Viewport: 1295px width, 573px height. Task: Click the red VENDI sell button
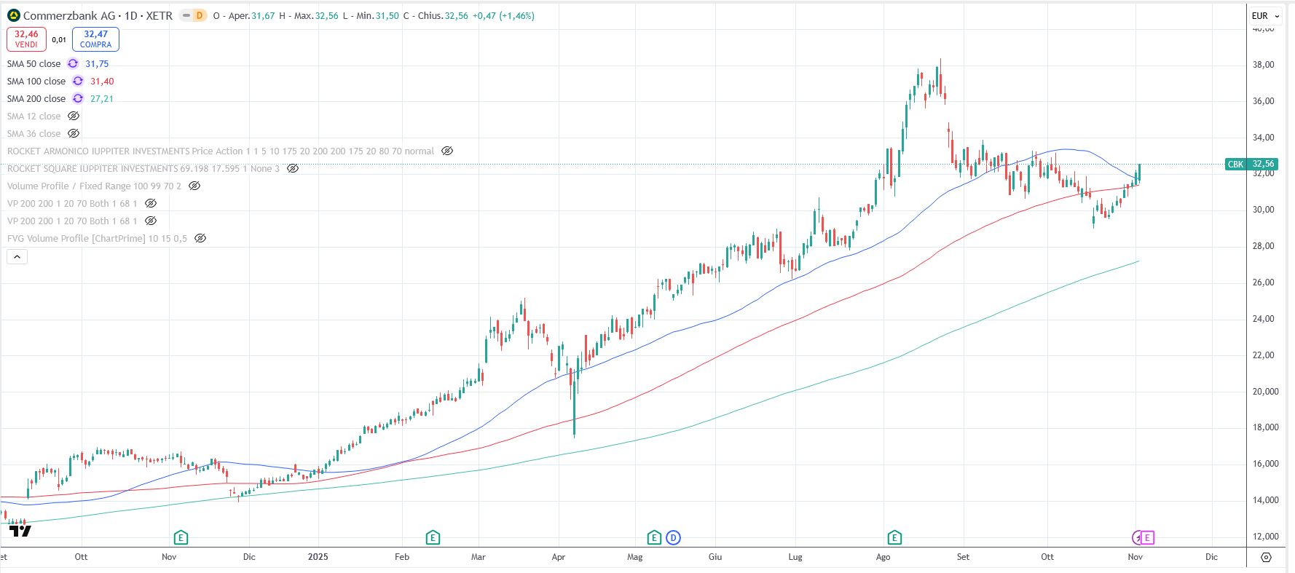[x=26, y=39]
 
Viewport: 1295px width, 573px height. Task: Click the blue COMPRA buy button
[x=95, y=39]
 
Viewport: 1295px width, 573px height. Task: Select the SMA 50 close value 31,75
[x=97, y=64]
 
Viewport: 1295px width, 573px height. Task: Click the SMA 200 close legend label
[x=36, y=99]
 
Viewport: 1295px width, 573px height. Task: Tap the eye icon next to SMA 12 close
[x=74, y=116]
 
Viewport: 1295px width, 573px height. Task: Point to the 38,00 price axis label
[x=1263, y=65]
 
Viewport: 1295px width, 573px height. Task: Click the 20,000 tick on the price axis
[x=1265, y=392]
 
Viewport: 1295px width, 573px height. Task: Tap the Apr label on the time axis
[x=559, y=557]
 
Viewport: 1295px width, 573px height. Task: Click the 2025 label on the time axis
[x=318, y=557]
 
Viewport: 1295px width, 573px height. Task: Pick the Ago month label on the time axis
[x=883, y=557]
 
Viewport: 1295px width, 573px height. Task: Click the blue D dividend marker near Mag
[x=673, y=538]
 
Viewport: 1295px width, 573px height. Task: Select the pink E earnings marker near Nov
[x=1147, y=538]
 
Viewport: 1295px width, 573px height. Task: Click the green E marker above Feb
[x=433, y=538]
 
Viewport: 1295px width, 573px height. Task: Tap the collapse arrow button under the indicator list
[x=17, y=256]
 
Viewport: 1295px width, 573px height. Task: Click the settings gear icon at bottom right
[x=1266, y=557]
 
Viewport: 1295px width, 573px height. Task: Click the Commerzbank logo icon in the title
[x=14, y=15]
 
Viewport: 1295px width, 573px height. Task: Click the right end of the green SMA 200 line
[x=1138, y=261]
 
